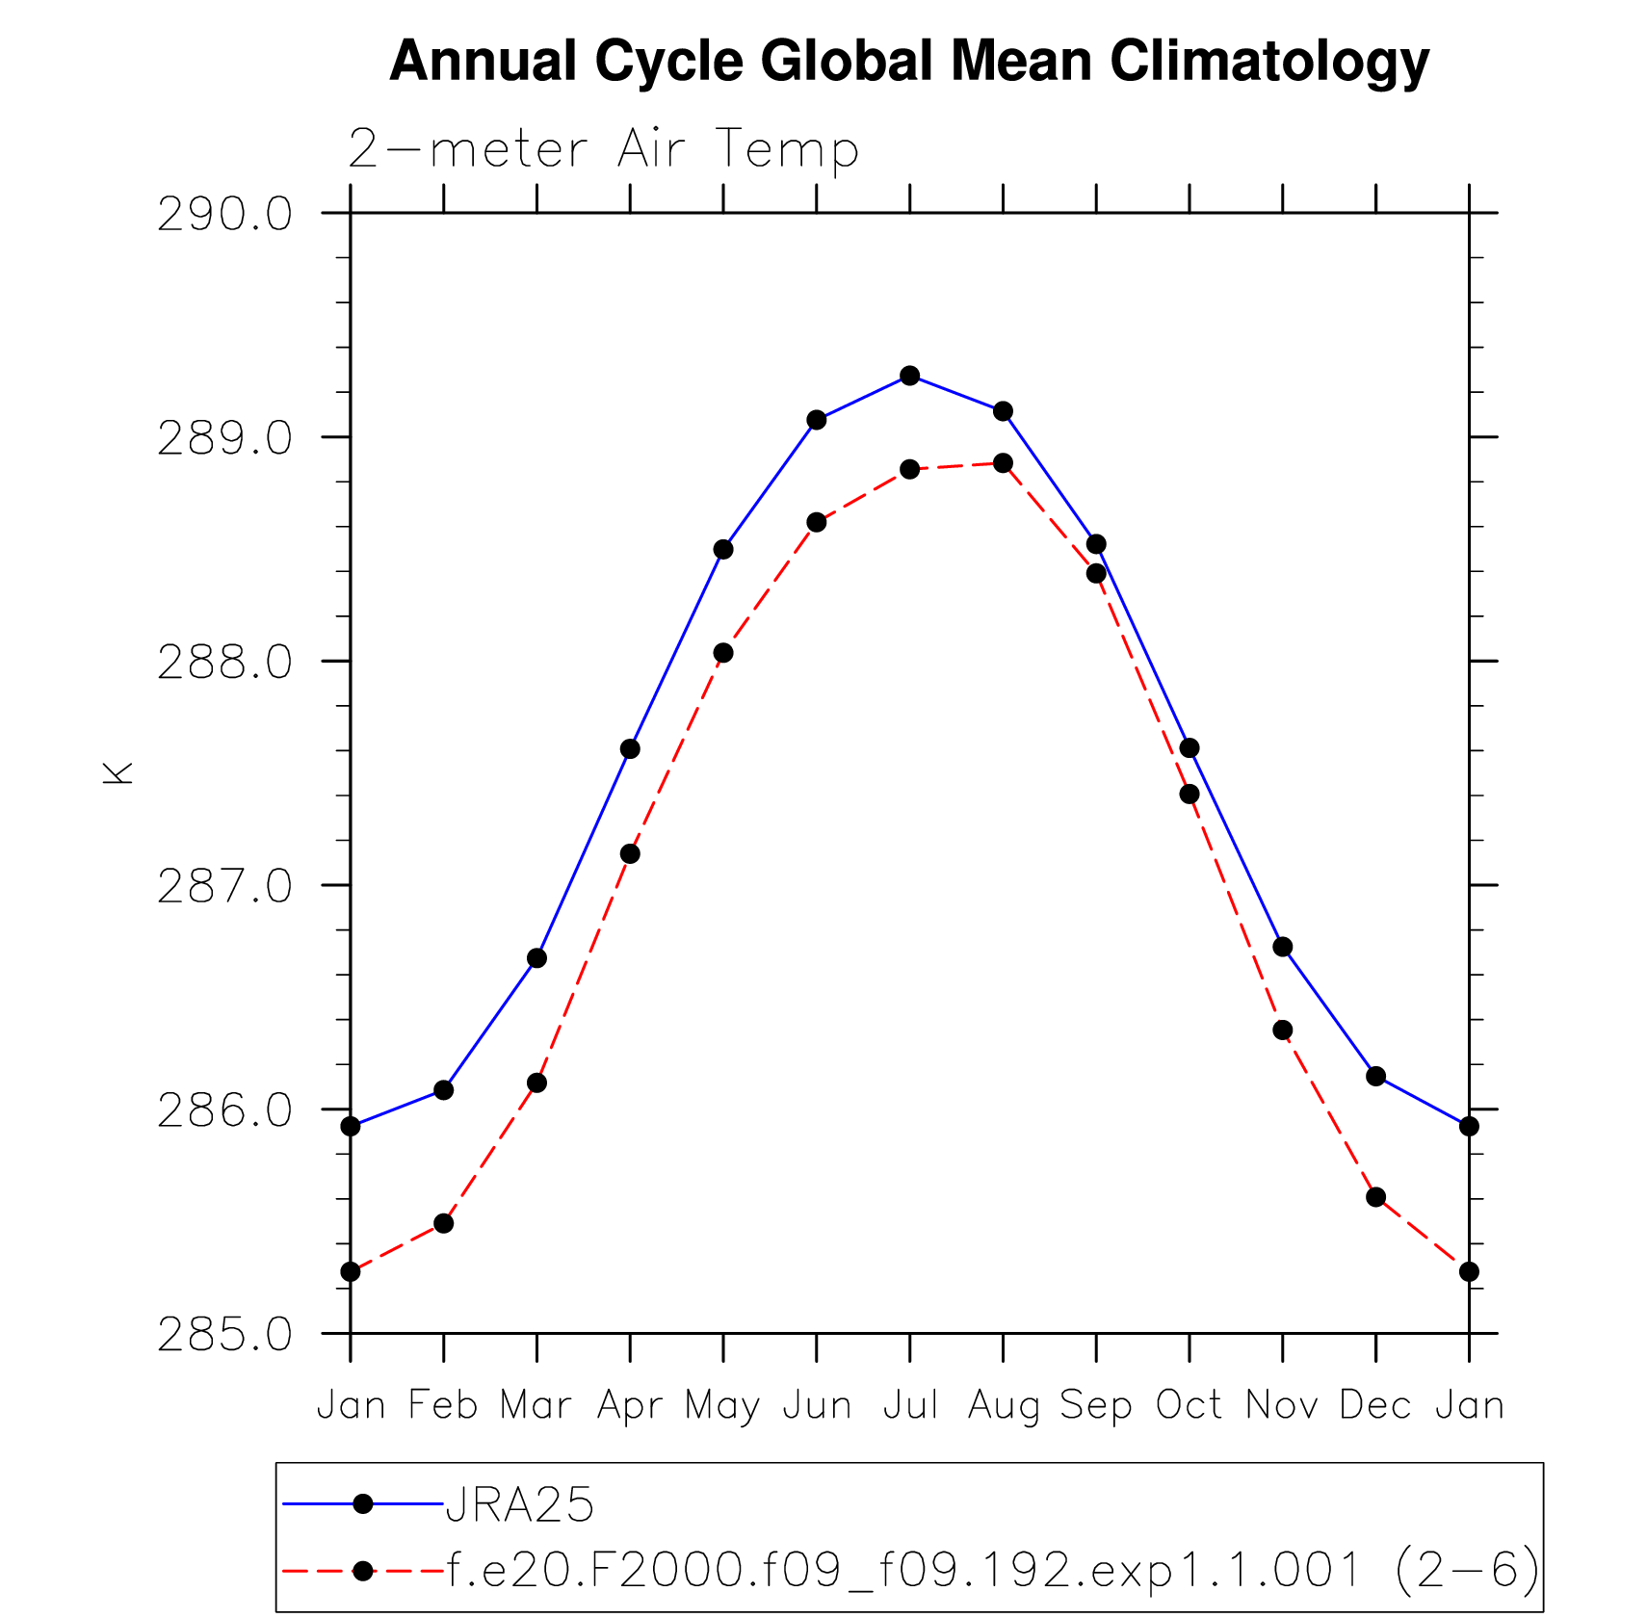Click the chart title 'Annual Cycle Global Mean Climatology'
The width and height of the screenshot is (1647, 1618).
(x=909, y=61)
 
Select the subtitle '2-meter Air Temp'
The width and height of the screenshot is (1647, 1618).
(x=603, y=149)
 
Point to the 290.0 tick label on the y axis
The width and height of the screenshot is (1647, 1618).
(x=224, y=214)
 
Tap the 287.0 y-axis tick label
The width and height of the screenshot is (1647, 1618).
(x=224, y=886)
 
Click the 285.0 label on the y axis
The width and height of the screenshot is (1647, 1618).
(x=224, y=1335)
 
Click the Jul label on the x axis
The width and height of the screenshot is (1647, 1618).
(x=910, y=1405)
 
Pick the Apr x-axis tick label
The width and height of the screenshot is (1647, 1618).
(x=630, y=1407)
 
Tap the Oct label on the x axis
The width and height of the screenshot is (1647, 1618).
(x=1189, y=1405)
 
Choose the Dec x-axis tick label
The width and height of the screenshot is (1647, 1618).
(x=1375, y=1405)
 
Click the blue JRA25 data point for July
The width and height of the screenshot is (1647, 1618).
(x=910, y=376)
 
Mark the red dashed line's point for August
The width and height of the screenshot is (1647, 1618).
(x=1003, y=463)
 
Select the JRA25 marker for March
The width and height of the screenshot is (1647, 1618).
(x=536, y=958)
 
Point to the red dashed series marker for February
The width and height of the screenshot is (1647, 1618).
(x=443, y=1223)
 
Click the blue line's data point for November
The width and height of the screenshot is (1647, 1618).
(x=1282, y=948)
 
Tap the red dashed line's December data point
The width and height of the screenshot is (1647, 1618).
(x=1375, y=1197)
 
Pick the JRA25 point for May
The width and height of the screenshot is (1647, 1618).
(x=723, y=550)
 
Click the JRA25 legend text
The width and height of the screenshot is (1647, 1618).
(x=520, y=1505)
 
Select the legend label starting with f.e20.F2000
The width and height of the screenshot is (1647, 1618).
(x=992, y=1571)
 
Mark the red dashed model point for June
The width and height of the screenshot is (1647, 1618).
(x=817, y=522)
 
